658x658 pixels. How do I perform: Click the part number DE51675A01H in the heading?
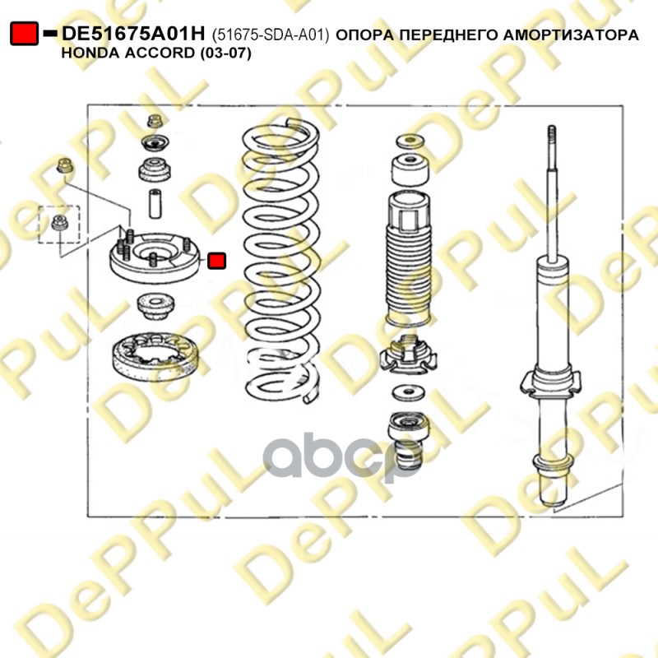click(x=133, y=34)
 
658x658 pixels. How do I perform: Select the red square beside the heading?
click(x=24, y=33)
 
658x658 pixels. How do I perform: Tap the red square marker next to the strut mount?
click(x=216, y=261)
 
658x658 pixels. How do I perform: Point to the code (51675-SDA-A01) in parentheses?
click(x=271, y=35)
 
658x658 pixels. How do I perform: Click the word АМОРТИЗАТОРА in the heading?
click(x=571, y=35)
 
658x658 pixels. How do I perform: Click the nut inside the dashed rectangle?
click(x=59, y=222)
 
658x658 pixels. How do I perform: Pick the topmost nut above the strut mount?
click(x=155, y=121)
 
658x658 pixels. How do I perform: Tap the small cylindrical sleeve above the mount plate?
click(x=155, y=204)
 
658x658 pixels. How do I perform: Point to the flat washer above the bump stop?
click(x=408, y=393)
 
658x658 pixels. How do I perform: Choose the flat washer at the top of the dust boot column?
click(x=410, y=141)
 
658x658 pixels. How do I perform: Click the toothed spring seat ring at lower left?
click(x=155, y=356)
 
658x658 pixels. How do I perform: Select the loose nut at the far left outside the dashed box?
click(x=65, y=165)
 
